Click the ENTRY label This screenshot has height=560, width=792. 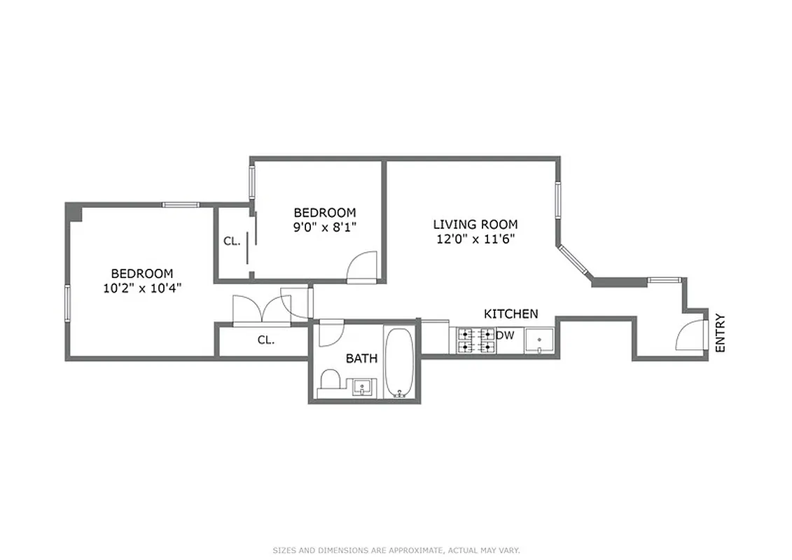[x=721, y=332]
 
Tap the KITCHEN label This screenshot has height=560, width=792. [x=511, y=314]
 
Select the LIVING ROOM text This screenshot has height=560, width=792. [x=475, y=225]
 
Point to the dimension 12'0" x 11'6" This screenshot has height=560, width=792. [x=475, y=239]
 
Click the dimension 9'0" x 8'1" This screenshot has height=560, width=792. [x=324, y=227]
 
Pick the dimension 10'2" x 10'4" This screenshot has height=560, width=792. [x=142, y=288]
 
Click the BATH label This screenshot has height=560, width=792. [x=361, y=358]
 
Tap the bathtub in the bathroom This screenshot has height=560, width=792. [x=399, y=363]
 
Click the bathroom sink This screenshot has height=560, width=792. [x=363, y=386]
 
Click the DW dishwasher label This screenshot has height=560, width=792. [x=505, y=335]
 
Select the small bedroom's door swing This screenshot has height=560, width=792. [x=363, y=267]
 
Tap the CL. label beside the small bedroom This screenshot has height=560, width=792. [x=232, y=241]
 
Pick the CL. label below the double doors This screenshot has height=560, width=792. [x=265, y=340]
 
